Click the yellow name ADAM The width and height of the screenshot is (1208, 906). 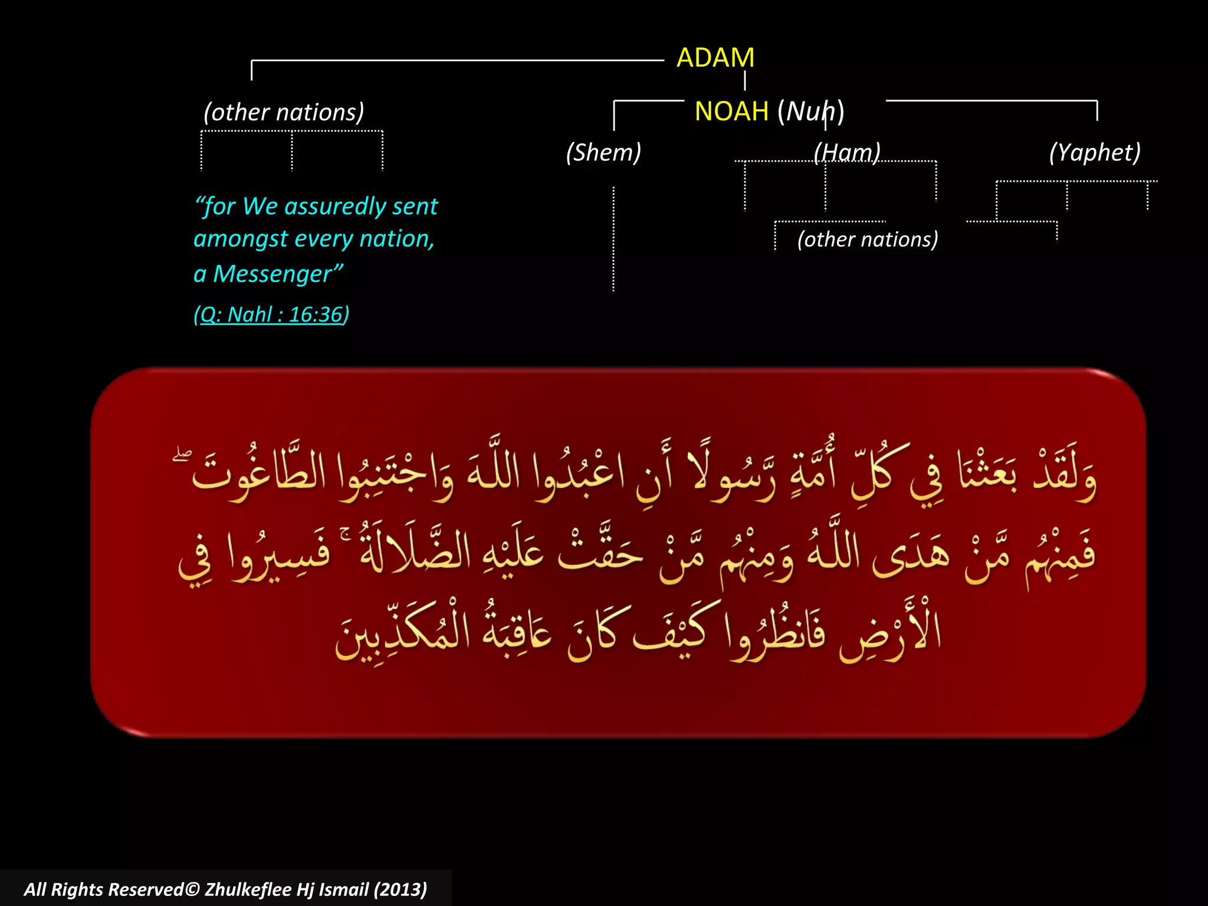pos(715,58)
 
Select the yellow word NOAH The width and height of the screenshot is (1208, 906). pos(731,111)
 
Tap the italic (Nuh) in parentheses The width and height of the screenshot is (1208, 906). pos(811,111)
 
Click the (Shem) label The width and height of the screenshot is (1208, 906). pos(603,153)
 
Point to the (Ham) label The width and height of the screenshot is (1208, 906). pos(847,153)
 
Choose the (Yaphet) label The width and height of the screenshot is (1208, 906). pos(1095,153)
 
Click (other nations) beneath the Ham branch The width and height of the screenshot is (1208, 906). pos(867,239)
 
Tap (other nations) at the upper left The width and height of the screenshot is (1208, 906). pos(284,113)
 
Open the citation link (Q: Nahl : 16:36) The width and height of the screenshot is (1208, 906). pos(271,314)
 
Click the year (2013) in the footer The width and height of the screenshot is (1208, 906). pos(400,889)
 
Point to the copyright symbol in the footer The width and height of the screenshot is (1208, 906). pos(192,889)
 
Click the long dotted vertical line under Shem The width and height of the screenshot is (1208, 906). pos(613,239)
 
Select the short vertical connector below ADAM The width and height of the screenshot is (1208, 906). pos(745,81)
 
